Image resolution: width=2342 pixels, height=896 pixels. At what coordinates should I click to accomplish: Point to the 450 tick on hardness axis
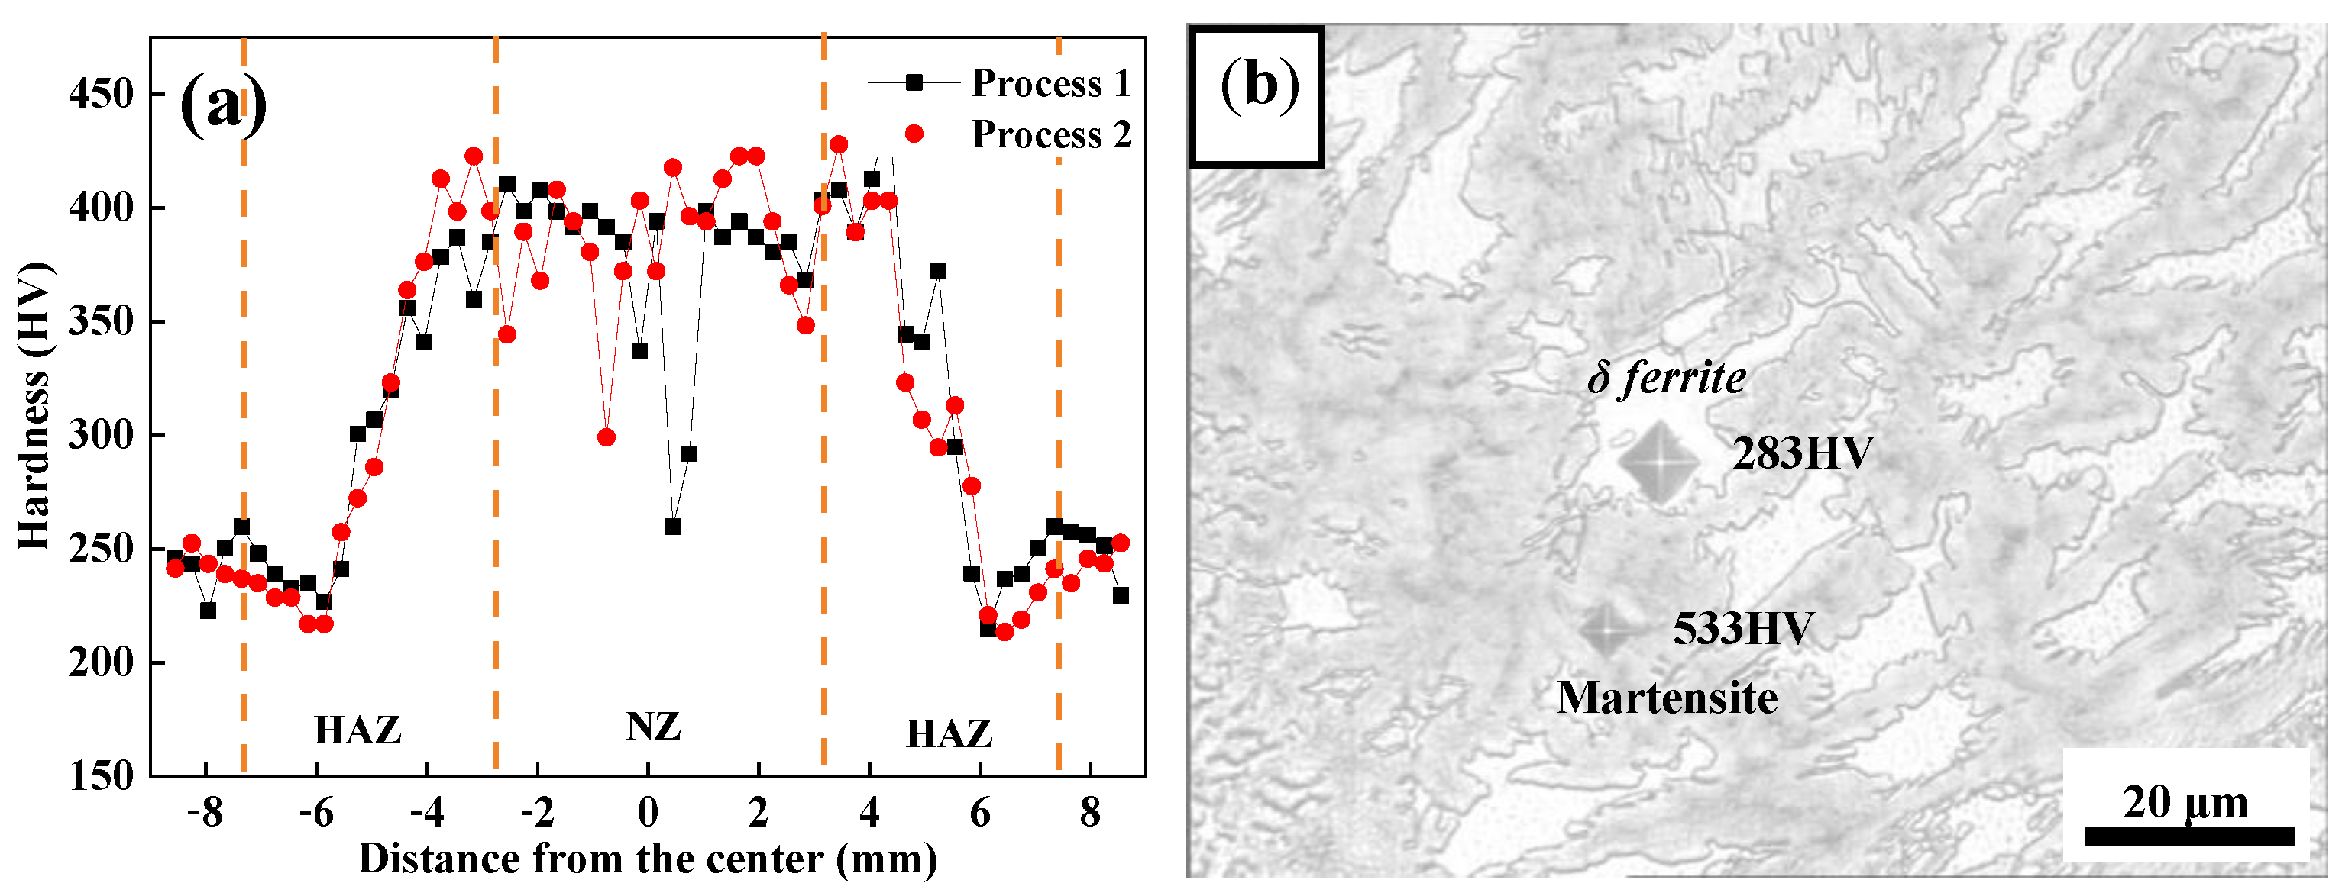(102, 94)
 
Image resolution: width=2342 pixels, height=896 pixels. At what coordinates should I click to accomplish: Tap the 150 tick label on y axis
(102, 776)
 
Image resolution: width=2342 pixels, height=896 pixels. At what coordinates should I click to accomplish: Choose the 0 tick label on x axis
(647, 812)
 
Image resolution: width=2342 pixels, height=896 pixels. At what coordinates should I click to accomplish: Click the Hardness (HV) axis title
(34, 406)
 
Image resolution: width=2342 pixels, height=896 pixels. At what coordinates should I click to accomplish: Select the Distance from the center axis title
(647, 859)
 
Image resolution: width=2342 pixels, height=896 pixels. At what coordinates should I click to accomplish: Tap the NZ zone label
(654, 727)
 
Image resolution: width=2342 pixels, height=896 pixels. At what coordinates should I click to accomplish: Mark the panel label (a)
(223, 105)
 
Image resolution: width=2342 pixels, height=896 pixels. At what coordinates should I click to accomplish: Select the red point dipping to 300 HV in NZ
(607, 438)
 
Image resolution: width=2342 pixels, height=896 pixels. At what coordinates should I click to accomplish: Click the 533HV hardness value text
(1743, 629)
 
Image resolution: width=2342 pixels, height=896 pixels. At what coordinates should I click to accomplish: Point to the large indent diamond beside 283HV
(1658, 462)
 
